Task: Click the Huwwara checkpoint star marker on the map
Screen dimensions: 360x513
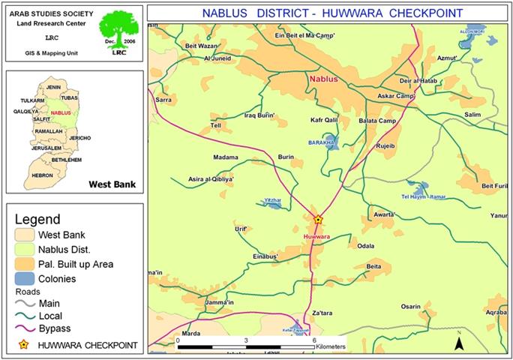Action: (x=317, y=220)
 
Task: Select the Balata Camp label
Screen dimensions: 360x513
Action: (x=378, y=121)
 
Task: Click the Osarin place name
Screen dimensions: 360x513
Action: (x=409, y=306)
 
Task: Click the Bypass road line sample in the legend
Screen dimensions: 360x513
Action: (x=28, y=330)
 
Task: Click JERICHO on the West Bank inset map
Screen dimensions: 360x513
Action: (x=79, y=138)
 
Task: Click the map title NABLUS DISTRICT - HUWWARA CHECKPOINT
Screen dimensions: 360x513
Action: (x=332, y=13)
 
